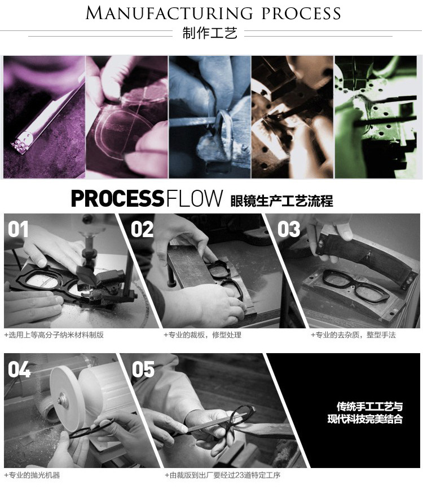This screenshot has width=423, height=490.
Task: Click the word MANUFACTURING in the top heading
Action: [x=169, y=14]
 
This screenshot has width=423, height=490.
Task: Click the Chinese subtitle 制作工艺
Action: [x=210, y=33]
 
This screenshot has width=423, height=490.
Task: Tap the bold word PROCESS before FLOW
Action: [x=118, y=198]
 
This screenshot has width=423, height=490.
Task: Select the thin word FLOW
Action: [x=195, y=198]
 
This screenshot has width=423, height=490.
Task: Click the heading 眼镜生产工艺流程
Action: [x=281, y=201]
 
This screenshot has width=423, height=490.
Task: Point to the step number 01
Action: [x=18, y=229]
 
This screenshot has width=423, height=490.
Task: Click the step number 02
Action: [x=142, y=229]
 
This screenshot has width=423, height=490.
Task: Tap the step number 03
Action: [x=288, y=229]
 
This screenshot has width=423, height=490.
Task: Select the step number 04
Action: [x=19, y=369]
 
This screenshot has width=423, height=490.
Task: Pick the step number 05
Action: [x=143, y=369]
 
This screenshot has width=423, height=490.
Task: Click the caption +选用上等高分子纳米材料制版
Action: [x=54, y=335]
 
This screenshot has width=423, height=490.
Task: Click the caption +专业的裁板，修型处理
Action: [x=202, y=335]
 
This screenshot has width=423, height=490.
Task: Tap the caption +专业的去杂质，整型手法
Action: [x=353, y=335]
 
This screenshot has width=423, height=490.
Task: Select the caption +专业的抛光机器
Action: [x=32, y=475]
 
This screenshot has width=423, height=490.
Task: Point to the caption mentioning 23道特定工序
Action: [x=222, y=475]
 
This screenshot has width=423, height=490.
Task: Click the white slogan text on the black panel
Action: [x=365, y=412]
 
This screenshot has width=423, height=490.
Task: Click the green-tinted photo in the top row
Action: [x=376, y=117]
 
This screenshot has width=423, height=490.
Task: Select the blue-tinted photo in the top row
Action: [x=210, y=117]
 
